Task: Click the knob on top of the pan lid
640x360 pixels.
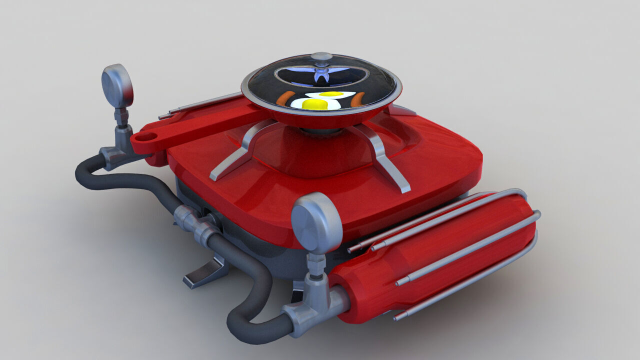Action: pos(321,56)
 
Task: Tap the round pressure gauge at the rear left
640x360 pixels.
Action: pos(117,85)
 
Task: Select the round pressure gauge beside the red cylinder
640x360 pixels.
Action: pos(316,221)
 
